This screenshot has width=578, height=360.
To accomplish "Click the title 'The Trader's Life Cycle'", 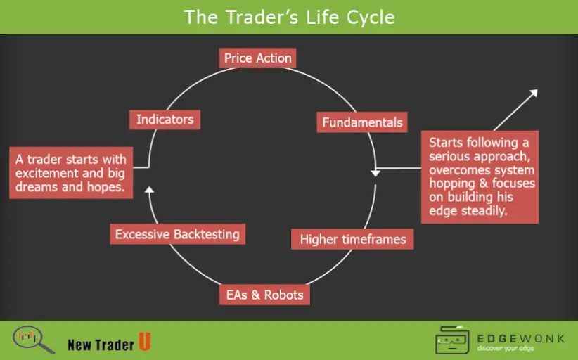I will [289, 16].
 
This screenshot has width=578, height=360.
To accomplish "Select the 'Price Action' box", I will [257, 58].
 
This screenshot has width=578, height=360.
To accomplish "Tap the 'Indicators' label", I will [165, 120].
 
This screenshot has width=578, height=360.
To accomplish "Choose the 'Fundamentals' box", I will [362, 122].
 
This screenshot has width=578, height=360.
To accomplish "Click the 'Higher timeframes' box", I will [353, 239].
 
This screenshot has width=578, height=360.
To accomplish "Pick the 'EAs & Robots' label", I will [264, 295].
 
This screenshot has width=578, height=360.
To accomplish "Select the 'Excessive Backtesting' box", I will [177, 234].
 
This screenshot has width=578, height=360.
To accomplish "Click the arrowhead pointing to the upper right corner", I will [533, 94].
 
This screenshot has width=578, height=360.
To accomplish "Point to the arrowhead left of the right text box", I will [376, 172].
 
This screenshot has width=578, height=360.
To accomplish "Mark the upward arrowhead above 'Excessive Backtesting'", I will [148, 188].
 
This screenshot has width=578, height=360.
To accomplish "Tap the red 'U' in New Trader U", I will [144, 342].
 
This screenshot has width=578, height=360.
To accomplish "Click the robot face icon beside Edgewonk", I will [453, 340].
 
